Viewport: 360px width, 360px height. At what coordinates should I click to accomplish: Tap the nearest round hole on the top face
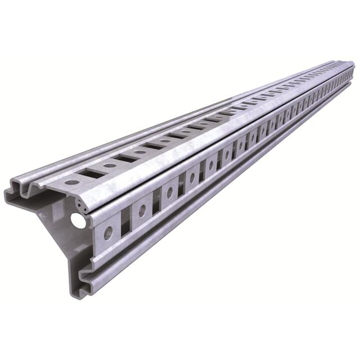click(71, 182)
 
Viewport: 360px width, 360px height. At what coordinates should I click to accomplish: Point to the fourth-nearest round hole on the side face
click(192, 178)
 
